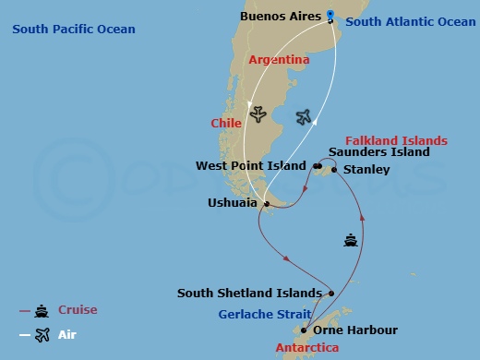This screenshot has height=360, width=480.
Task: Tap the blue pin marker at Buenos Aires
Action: click(x=330, y=15)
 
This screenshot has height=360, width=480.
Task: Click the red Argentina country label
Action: click(x=278, y=59)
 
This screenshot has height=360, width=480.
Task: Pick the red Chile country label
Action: click(x=226, y=123)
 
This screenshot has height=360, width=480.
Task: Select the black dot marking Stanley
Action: click(x=334, y=170)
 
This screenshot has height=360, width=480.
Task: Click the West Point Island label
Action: click(x=250, y=166)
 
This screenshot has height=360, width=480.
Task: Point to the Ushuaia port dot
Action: click(x=266, y=204)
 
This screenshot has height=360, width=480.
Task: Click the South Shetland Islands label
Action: click(x=249, y=294)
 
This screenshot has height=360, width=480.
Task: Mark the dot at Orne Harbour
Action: click(x=304, y=330)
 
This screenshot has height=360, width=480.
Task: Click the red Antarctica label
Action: click(x=307, y=348)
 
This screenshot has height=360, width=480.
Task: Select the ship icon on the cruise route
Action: click(x=351, y=241)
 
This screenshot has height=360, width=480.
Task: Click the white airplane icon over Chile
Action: click(x=258, y=115)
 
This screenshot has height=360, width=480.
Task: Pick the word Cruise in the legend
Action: click(x=78, y=310)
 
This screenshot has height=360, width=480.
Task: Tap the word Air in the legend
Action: click(x=66, y=334)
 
